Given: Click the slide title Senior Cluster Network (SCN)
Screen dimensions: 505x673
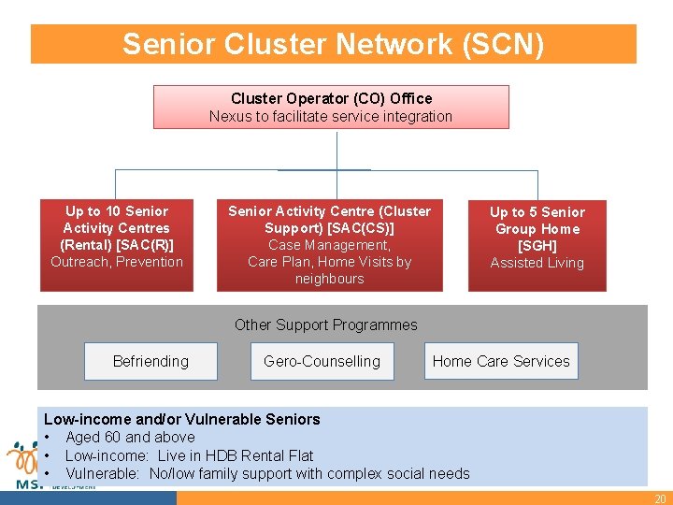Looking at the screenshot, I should [333, 44].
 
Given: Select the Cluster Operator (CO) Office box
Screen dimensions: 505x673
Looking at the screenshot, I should [331, 107].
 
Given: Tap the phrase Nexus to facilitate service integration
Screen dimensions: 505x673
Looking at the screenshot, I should [331, 117].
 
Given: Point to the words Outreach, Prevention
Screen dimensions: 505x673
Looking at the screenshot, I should [117, 262].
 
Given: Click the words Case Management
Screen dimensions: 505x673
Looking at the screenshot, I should [329, 245].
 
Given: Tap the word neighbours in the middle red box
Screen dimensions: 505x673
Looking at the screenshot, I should [329, 279].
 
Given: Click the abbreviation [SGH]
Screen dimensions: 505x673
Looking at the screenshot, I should [537, 246].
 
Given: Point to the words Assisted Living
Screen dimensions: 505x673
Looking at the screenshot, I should [537, 263].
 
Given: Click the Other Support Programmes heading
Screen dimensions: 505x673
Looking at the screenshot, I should [325, 325].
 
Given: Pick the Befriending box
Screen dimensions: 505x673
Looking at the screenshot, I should [150, 361].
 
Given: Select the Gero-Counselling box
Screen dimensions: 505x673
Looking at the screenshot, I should [322, 361].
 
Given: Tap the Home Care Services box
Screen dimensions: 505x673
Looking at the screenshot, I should [501, 361].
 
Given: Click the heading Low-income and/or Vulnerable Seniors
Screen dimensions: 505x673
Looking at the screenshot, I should [182, 419].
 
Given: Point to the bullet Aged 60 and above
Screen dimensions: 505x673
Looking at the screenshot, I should [130, 437].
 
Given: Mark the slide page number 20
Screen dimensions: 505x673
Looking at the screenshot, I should [660, 498].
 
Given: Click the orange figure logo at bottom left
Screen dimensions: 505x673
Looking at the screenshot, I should [22, 458].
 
